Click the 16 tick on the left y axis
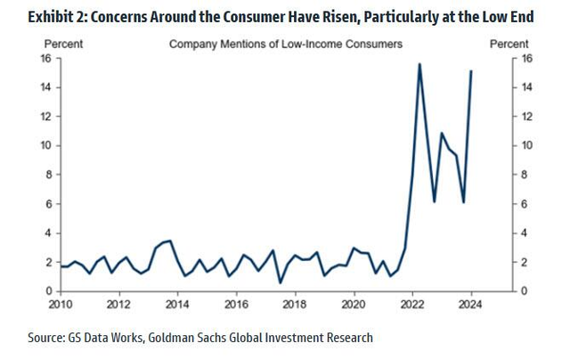45,58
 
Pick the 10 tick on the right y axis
526,145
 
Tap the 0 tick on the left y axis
48,291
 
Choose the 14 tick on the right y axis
526,87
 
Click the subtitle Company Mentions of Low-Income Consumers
285,43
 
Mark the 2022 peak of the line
419,64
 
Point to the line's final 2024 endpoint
471,70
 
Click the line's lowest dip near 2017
281,282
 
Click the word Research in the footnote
346,338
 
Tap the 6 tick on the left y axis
48,204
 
